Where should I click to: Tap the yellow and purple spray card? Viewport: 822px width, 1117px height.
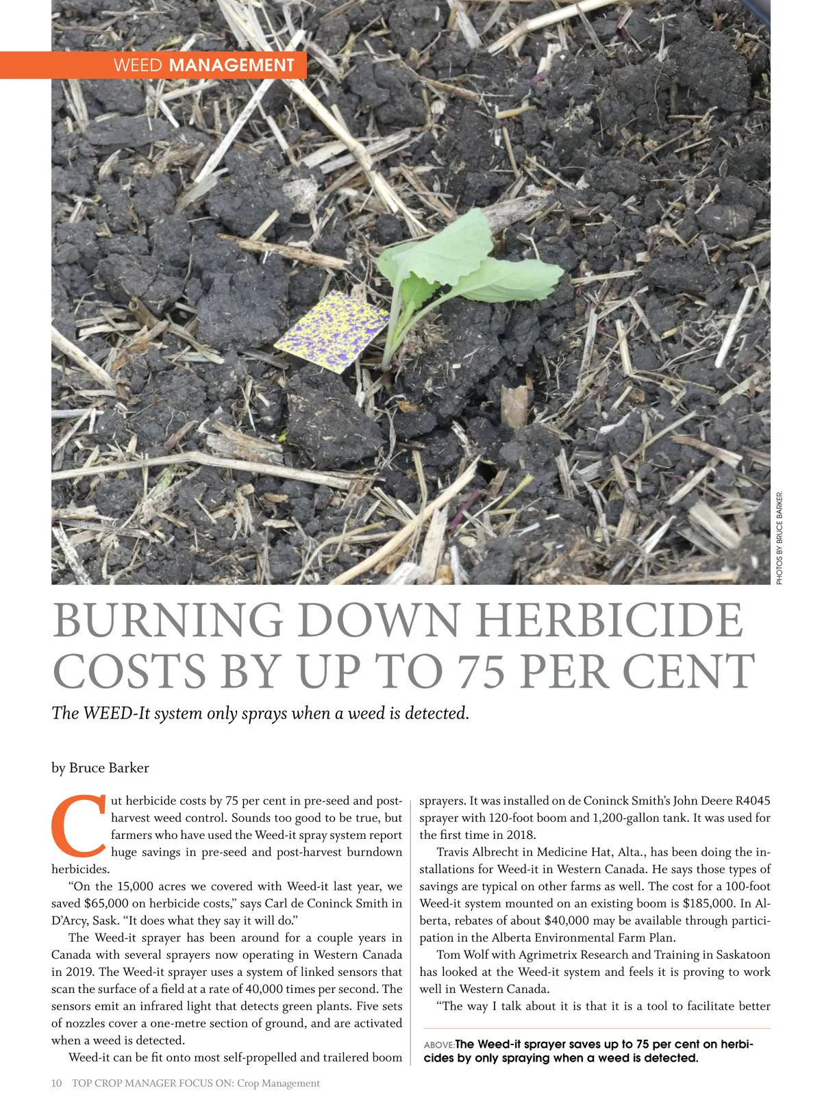coord(332,330)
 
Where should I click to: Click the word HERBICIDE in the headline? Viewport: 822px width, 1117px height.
coord(610,620)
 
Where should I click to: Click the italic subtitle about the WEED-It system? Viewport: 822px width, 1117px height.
coord(260,713)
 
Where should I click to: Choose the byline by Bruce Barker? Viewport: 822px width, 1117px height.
coord(100,768)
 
